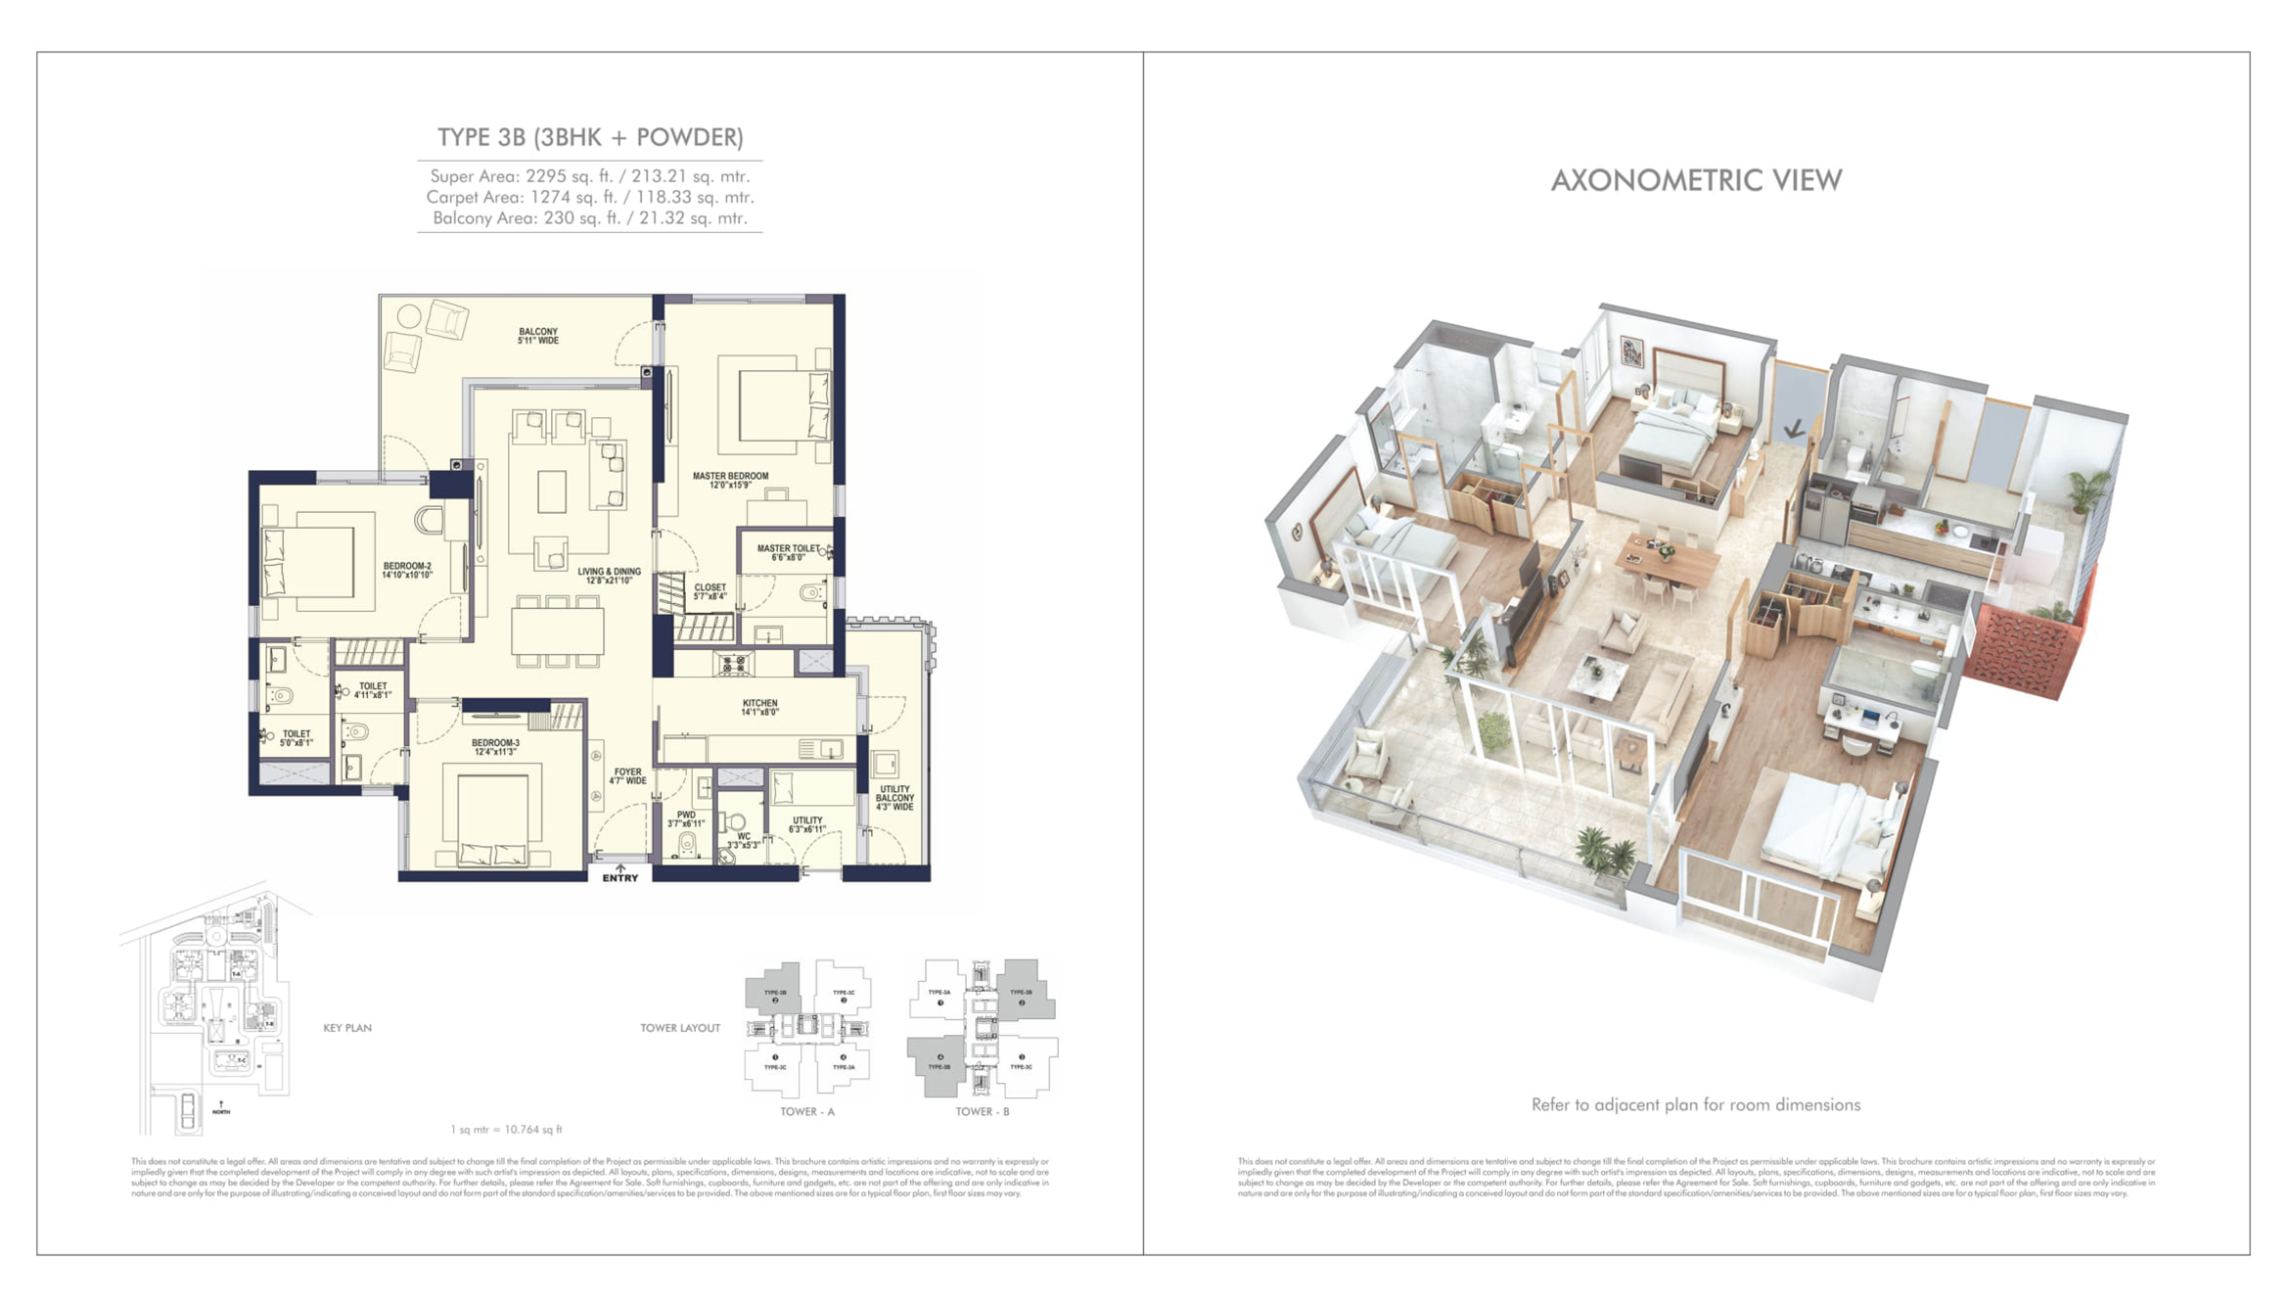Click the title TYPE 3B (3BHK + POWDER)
pos(589,138)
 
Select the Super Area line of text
pos(589,177)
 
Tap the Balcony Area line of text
pos(589,218)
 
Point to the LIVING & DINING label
pos(609,576)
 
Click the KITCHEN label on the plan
pos(759,708)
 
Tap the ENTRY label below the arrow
pos(619,878)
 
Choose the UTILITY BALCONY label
pos(894,798)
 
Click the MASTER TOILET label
pos(788,553)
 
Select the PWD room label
pos(686,819)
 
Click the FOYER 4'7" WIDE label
pos(627,776)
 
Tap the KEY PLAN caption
pos(347,1028)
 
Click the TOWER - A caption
pos(806,1112)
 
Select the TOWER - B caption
pos(982,1112)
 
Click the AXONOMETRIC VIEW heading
pos(1696,181)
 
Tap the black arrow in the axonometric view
pos(1794,429)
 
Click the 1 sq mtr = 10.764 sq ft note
pos(506,1130)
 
